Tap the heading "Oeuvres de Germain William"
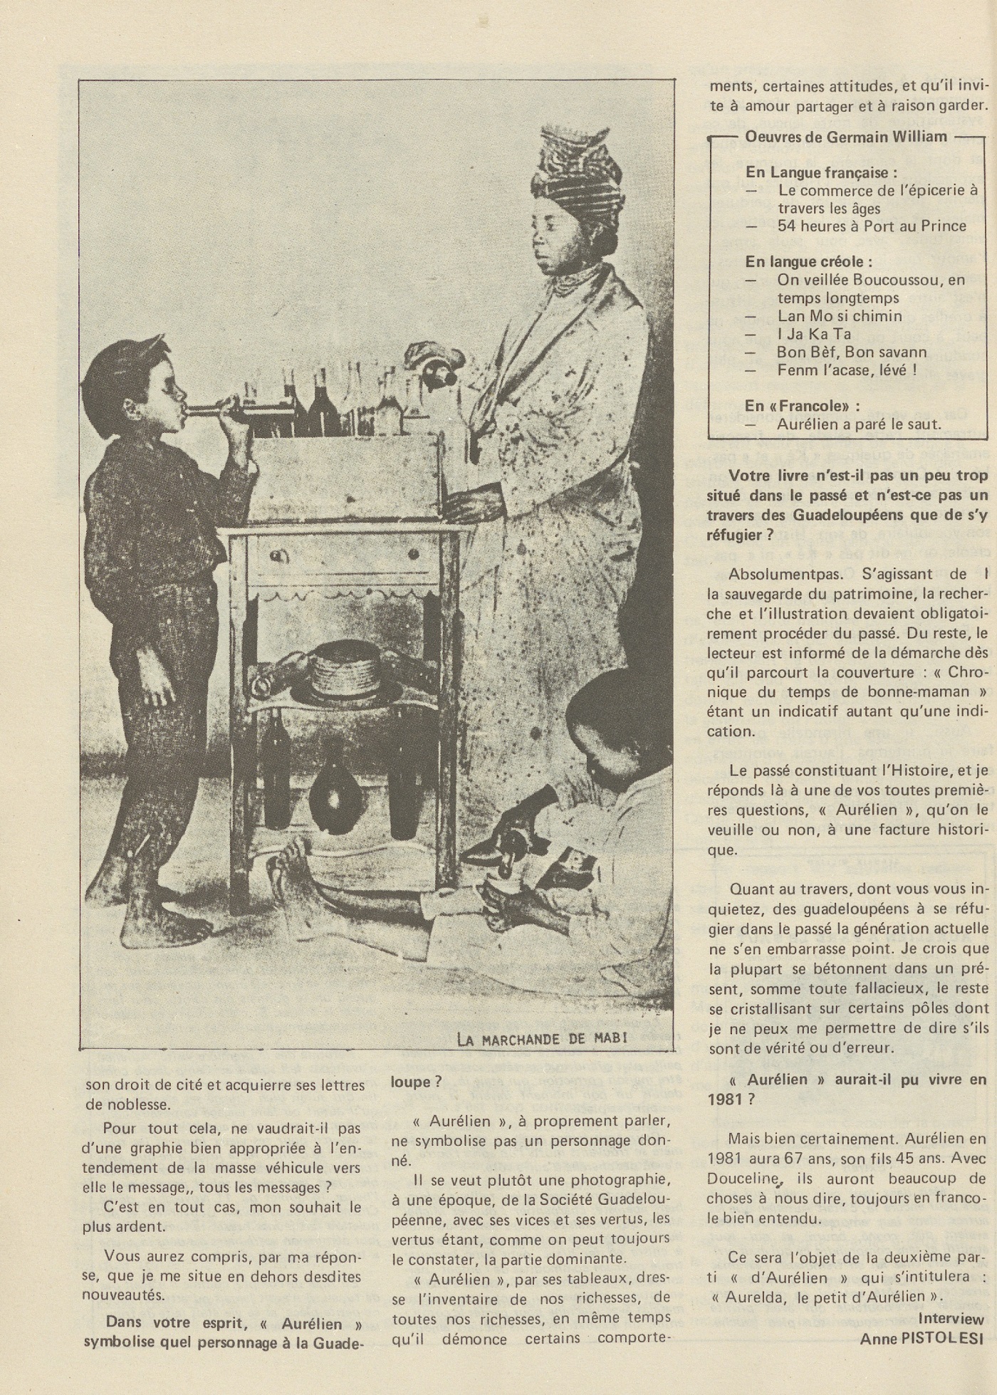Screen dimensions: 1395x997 click(x=846, y=137)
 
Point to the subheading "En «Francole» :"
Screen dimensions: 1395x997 click(x=802, y=405)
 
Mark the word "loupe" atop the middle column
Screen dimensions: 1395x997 click(x=412, y=1081)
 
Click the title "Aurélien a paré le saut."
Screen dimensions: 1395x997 click(x=859, y=424)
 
